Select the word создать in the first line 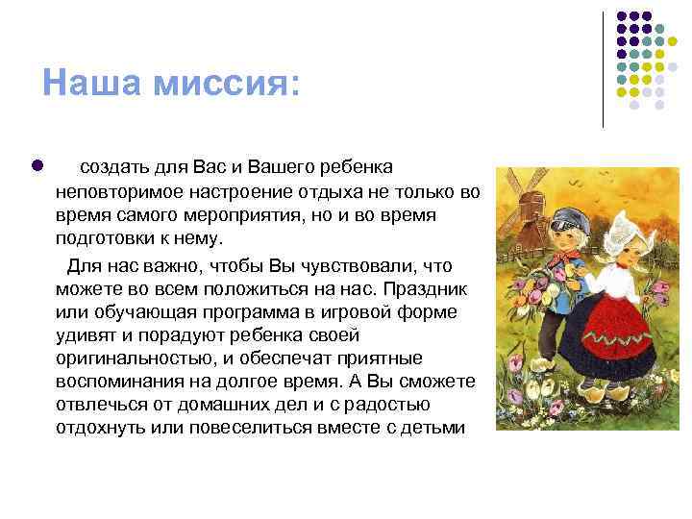tap(120, 167)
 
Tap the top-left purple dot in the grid tap(621, 17)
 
